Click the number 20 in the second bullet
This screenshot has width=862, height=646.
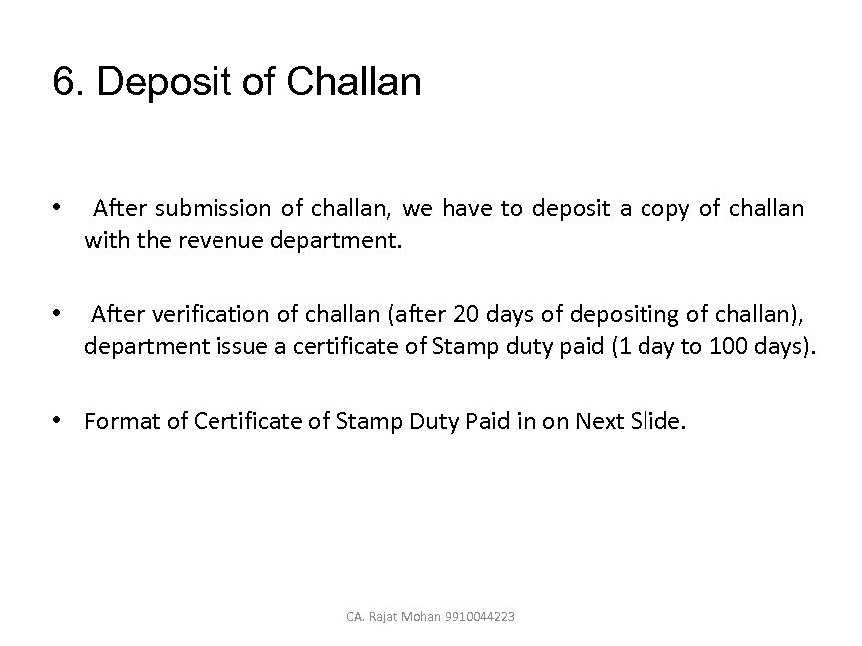[x=466, y=315]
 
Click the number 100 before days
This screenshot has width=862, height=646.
[x=734, y=347]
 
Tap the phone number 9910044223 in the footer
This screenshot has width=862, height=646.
[x=483, y=617]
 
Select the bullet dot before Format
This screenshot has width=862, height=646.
[x=61, y=421]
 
